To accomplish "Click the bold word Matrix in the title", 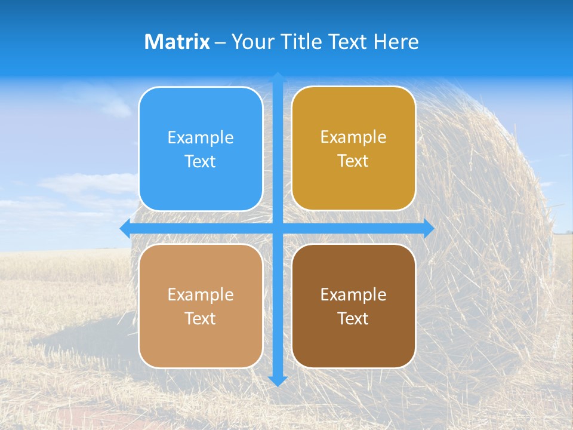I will (x=177, y=42).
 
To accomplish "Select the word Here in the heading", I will (x=396, y=42).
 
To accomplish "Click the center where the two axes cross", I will (x=278, y=229).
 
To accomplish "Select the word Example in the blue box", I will (x=201, y=138).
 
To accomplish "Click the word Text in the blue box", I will (x=201, y=162).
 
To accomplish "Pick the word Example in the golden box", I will (x=353, y=137).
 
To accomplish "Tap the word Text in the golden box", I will (x=353, y=161).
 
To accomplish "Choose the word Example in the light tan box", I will (x=201, y=295).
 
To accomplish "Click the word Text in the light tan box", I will (x=201, y=319).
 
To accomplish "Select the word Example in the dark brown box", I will (x=353, y=295).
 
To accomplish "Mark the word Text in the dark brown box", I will (x=353, y=319).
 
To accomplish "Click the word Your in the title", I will (x=252, y=42).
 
